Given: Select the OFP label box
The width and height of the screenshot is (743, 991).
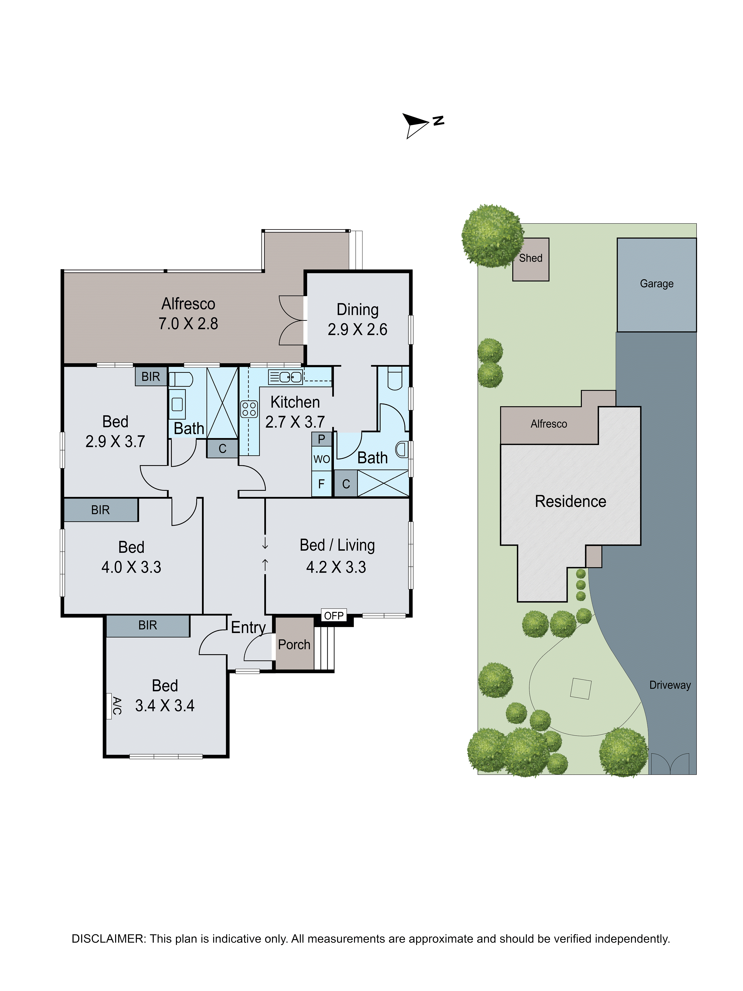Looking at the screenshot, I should click(x=334, y=616).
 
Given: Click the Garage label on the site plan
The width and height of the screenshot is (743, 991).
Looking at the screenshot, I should click(x=657, y=284).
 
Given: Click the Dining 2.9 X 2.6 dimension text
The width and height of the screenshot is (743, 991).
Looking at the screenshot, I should click(x=357, y=329).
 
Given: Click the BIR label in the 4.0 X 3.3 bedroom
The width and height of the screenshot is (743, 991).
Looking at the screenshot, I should click(x=100, y=510).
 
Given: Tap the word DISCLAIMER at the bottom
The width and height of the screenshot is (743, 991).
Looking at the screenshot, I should click(x=108, y=939).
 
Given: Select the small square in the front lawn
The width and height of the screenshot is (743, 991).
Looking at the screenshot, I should click(x=580, y=689).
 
